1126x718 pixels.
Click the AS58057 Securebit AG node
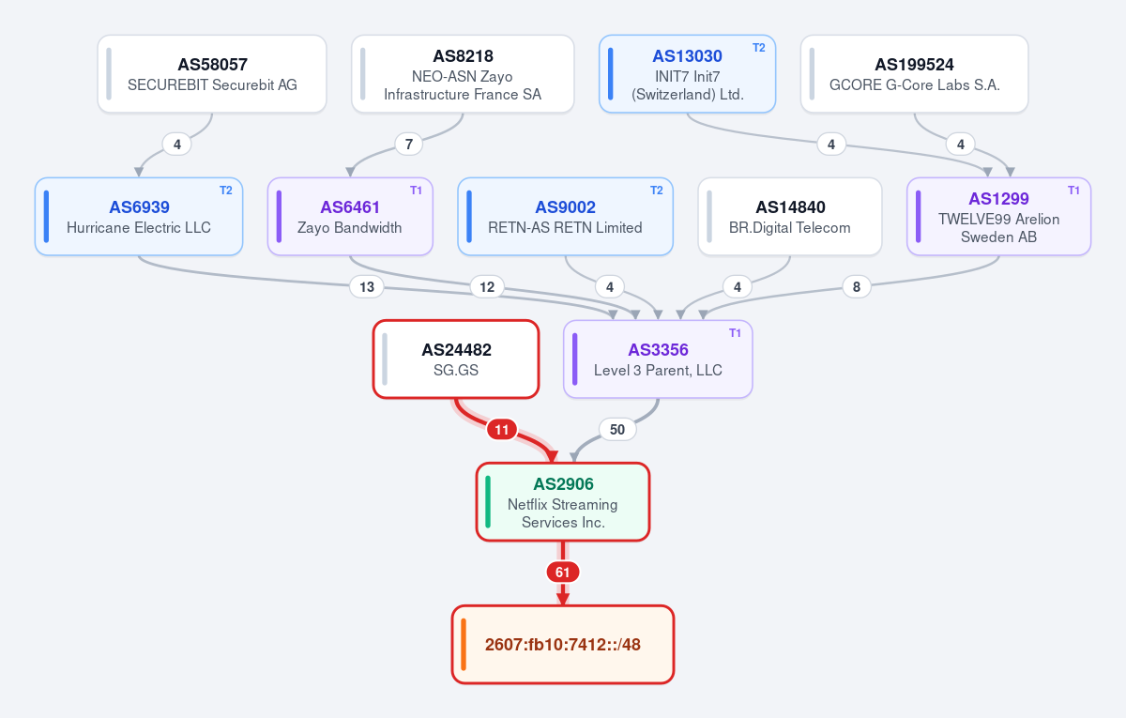[212, 74]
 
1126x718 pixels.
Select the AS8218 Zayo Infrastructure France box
[463, 74]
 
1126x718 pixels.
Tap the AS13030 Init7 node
[687, 74]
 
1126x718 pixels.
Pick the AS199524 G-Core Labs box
[914, 74]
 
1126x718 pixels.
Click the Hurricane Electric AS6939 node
[139, 217]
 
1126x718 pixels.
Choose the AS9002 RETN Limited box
[565, 217]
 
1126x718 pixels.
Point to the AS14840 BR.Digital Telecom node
[790, 217]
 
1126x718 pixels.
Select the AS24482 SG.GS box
[456, 359]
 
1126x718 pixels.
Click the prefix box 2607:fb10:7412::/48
[562, 645]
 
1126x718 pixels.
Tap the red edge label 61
[562, 573]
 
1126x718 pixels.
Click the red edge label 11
[502, 430]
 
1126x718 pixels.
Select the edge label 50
[617, 430]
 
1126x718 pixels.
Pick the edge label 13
[367, 287]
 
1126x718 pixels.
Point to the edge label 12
[487, 287]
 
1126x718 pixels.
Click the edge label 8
[857, 287]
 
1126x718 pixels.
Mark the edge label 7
[409, 145]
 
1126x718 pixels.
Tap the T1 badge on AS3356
[735, 333]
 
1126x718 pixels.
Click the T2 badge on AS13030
[758, 48]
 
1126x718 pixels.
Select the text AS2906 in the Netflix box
[563, 483]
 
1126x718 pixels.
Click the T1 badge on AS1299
[1073, 191]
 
